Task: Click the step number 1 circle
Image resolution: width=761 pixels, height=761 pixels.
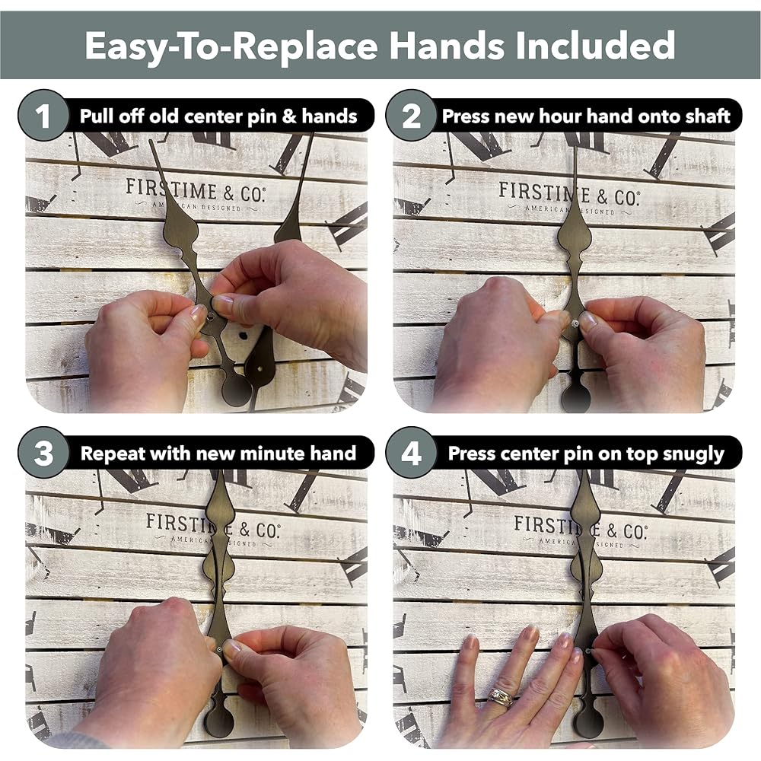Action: click(x=43, y=116)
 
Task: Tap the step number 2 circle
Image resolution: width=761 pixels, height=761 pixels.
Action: click(x=412, y=116)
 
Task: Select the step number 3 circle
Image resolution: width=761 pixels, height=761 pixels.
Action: click(x=43, y=453)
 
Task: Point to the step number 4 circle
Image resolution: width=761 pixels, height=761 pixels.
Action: click(x=412, y=453)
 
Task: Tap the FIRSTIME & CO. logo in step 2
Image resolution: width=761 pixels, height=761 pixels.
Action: click(x=569, y=198)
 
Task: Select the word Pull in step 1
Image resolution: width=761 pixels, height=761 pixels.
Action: click(x=97, y=116)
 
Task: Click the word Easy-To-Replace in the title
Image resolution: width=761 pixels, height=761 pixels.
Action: click(x=231, y=46)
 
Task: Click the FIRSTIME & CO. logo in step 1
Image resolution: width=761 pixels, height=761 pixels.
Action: click(x=196, y=194)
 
